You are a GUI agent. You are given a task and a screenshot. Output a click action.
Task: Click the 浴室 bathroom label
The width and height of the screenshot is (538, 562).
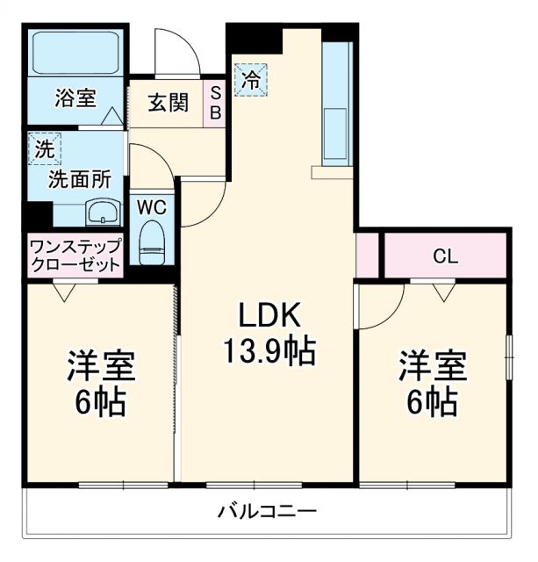(75, 98)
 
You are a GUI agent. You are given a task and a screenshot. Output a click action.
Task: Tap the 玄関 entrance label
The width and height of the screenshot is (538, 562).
(167, 103)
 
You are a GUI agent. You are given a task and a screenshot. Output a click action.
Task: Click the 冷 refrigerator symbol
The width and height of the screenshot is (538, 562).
(251, 81)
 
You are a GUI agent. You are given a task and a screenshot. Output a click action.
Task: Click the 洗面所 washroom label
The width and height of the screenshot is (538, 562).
(79, 180)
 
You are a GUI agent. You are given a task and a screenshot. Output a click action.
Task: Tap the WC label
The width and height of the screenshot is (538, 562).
(152, 208)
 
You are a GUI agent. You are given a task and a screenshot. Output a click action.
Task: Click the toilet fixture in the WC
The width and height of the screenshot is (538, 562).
(153, 241)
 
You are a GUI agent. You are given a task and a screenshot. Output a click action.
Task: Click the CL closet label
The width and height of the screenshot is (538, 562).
(446, 256)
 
